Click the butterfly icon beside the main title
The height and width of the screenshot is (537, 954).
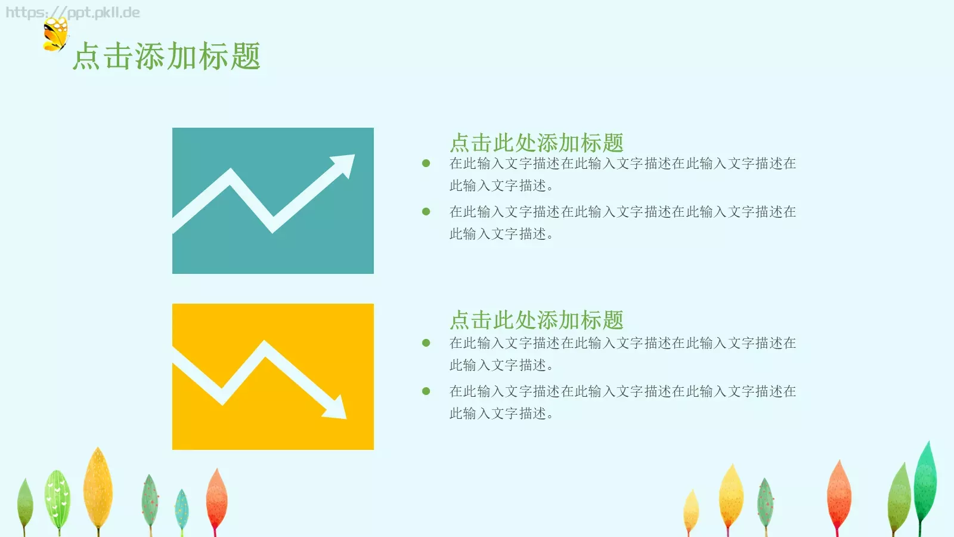pos(55,35)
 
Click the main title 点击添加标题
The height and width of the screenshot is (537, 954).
pos(166,57)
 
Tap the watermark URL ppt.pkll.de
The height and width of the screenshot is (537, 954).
pos(73,13)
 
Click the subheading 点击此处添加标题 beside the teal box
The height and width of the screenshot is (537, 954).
pos(536,143)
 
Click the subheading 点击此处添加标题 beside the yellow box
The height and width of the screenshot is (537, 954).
pos(536,320)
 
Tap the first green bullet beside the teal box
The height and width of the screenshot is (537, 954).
pos(426,163)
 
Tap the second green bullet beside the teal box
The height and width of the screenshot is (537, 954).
pos(426,212)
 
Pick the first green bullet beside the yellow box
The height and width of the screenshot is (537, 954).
pos(426,343)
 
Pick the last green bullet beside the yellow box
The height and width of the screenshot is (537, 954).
pos(426,391)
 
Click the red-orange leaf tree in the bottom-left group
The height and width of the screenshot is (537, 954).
pos(216,498)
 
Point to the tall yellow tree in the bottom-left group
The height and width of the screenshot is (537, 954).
pos(98,486)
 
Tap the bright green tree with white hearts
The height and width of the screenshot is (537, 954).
pos(58,498)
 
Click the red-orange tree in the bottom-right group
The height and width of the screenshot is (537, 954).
pos(839,492)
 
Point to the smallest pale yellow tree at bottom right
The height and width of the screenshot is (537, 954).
pos(691,510)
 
